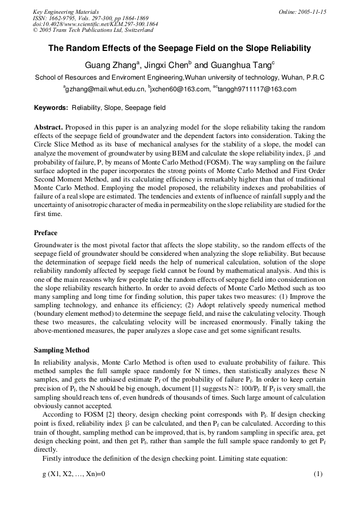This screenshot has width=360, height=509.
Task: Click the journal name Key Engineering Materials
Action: tap(66, 12)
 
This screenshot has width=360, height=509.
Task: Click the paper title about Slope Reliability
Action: tap(179, 48)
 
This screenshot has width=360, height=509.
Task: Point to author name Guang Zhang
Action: tap(111, 66)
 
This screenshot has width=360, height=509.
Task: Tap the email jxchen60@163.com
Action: tap(181, 89)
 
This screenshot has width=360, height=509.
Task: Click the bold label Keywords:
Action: tap(51, 108)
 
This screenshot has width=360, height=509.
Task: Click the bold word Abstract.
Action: tap(48, 127)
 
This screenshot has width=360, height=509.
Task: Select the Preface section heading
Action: tap(46, 233)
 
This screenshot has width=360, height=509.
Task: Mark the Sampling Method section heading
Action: tap(62, 350)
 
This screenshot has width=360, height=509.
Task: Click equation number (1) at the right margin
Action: tap(318, 474)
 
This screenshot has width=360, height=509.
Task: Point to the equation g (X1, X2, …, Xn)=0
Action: tap(74, 474)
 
